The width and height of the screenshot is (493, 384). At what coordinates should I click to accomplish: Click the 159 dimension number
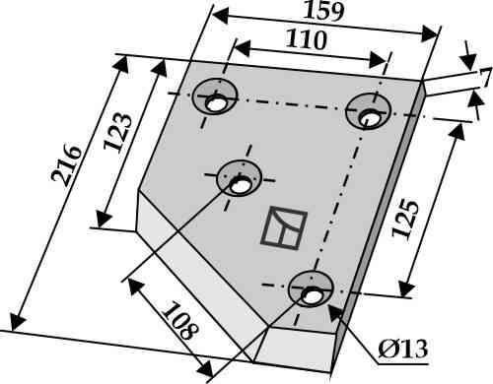coord(323,11)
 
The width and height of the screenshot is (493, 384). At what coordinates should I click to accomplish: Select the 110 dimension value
coord(306,39)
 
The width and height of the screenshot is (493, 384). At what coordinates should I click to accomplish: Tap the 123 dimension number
coord(118,132)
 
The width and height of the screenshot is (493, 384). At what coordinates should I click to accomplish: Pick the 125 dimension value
coord(406,219)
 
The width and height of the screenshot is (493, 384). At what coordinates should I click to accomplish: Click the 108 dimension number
coord(180,321)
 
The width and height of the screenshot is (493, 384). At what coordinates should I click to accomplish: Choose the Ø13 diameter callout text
coord(403,350)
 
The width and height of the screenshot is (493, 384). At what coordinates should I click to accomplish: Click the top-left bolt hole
coord(215,104)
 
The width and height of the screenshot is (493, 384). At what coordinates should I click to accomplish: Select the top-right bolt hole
coord(369,117)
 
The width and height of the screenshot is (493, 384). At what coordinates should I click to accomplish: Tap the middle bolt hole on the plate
coord(239,186)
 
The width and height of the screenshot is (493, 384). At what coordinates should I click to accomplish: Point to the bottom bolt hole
coord(311,296)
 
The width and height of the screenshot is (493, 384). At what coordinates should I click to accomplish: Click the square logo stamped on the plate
coord(284,227)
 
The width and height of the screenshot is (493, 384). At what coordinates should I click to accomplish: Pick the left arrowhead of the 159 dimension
coord(220,16)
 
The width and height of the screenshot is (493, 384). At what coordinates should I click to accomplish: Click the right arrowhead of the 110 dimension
coord(378,60)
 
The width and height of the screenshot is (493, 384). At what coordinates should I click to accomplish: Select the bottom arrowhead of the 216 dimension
coord(17,323)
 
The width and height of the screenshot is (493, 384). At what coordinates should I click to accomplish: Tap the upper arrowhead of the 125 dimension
coord(458,132)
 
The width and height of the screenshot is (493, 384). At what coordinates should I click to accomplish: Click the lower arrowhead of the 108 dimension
coord(206,368)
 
